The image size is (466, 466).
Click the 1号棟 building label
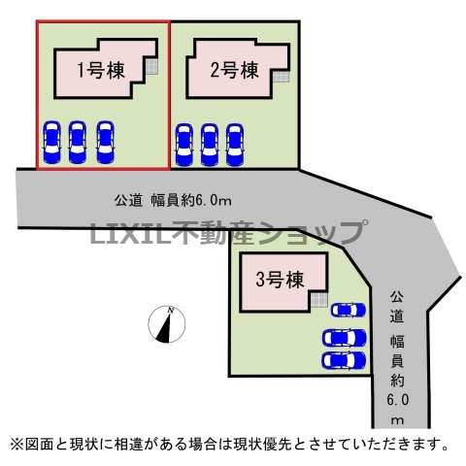(101, 70)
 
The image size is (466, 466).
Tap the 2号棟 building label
(235, 70)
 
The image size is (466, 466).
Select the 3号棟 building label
(281, 280)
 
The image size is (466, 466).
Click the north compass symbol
(167, 324)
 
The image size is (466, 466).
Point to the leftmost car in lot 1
(51, 142)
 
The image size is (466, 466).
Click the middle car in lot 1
(78, 142)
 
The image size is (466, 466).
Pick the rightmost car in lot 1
(105, 142)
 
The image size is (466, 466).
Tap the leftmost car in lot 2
(183, 145)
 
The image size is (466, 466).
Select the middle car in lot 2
(210, 145)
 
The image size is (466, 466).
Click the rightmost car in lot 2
(235, 145)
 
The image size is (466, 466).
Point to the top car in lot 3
(349, 311)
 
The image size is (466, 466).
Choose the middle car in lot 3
(344, 338)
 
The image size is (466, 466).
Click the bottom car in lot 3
(344, 360)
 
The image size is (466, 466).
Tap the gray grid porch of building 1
(151, 67)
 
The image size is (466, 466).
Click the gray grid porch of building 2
(281, 77)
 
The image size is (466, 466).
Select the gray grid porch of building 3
(319, 299)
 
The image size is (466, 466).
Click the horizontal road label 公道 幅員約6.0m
(173, 201)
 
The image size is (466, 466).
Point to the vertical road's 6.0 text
(398, 400)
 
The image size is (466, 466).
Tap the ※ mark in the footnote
(17, 445)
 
